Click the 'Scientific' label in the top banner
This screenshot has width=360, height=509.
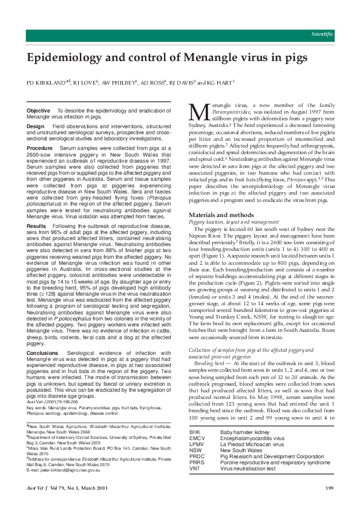click(x=321, y=34)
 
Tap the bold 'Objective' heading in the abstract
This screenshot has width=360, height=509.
click(x=39, y=111)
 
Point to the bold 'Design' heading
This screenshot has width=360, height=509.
click(x=36, y=126)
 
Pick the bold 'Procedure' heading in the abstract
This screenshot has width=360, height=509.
click(x=40, y=148)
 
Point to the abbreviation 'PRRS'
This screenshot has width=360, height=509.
click(x=196, y=462)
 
